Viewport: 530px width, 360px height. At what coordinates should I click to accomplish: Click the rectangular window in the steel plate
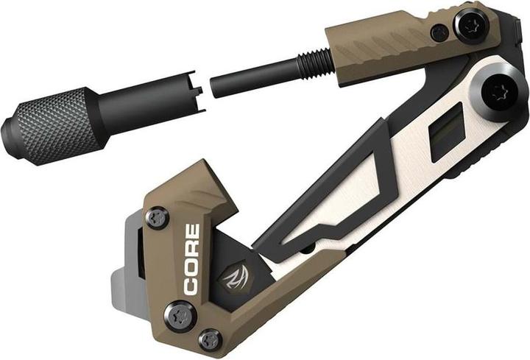tap(446, 131)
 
